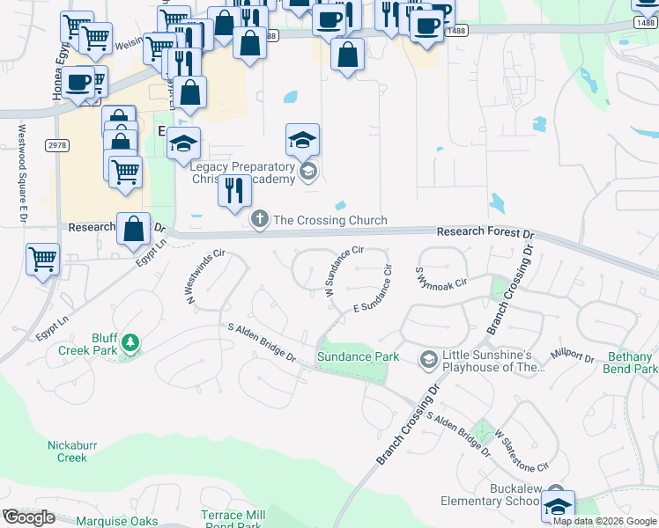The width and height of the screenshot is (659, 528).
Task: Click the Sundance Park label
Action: click(358, 356)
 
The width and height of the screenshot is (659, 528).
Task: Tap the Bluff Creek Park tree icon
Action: click(130, 341)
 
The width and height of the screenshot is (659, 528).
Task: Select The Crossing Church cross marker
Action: click(259, 219)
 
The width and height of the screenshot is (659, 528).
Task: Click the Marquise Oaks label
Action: click(116, 520)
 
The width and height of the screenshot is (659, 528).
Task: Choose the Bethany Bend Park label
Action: click(632, 363)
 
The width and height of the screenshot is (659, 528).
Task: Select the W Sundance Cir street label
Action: click(344, 269)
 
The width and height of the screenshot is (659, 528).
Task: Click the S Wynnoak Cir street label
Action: click(440, 278)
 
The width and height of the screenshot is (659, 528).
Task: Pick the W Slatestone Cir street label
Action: click(522, 449)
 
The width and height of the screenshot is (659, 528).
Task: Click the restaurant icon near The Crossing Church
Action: click(233, 190)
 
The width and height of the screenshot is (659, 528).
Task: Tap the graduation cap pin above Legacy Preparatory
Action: click(302, 140)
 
